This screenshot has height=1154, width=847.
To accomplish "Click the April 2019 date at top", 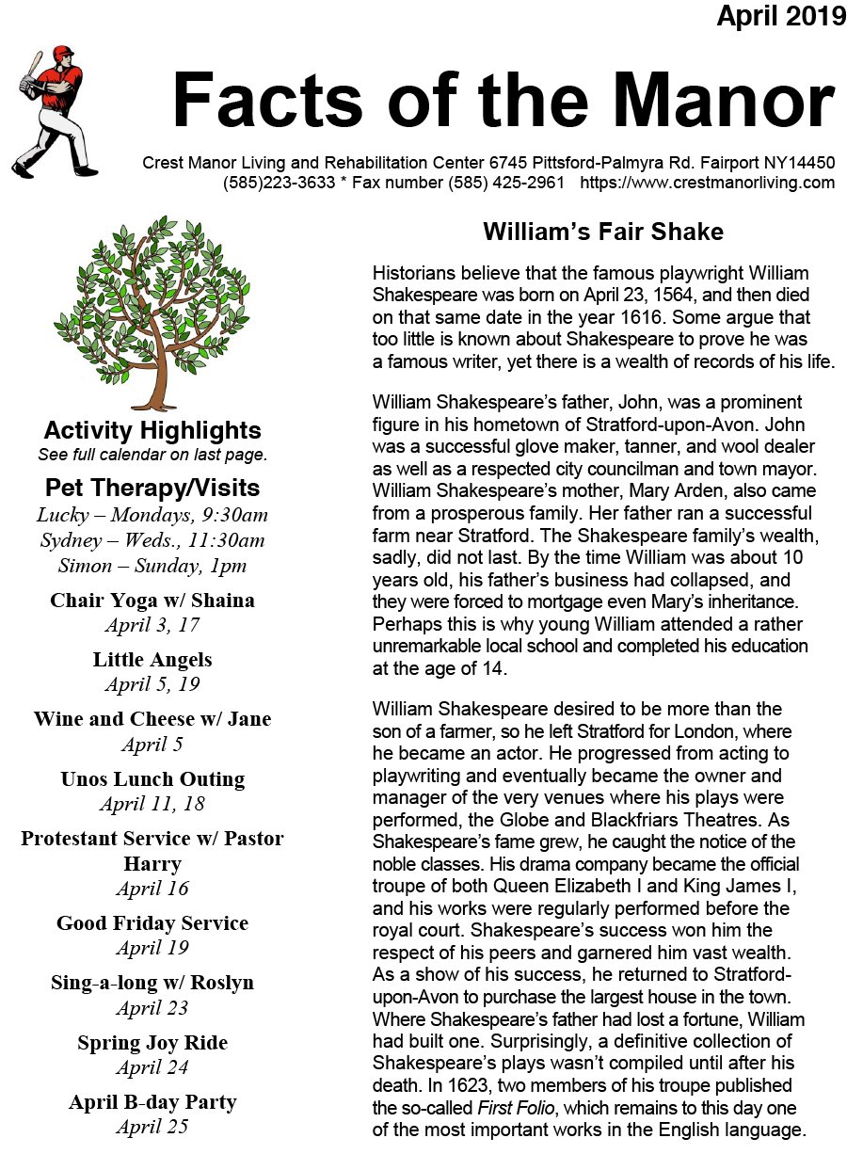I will point(781,16).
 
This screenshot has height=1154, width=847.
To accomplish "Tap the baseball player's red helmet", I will point(62,54).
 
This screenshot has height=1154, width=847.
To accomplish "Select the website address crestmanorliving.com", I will point(708,183).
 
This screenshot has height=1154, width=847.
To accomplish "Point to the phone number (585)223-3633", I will point(279,183).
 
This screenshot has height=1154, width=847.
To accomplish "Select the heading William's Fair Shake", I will point(603,232).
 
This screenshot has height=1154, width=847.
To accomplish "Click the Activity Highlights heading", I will point(152,431).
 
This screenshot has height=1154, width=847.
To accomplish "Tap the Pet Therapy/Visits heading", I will point(152,489).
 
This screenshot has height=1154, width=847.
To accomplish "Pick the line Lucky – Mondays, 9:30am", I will point(152,515).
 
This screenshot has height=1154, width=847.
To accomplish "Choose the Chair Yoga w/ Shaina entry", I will point(152,601).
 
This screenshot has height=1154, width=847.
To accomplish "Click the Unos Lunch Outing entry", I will point(152,779).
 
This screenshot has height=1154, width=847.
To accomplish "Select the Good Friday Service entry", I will point(152,923).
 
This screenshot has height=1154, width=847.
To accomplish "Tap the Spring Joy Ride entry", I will point(152,1043).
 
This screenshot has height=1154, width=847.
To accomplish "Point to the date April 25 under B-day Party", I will point(152,1127).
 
